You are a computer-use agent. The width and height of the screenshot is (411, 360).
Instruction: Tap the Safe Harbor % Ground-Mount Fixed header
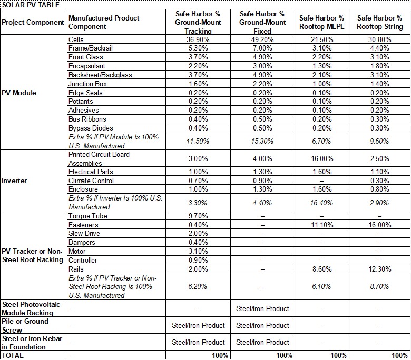pyautogui.click(x=262, y=22)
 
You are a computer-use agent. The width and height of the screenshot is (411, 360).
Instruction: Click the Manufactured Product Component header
pyautogui.click(x=104, y=22)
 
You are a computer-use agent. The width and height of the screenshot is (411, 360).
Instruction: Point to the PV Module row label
pyautogui.click(x=19, y=93)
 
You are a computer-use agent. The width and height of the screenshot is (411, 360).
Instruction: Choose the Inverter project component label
pyautogui.click(x=15, y=181)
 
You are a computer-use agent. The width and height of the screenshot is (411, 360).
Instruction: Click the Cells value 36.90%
pyautogui.click(x=198, y=39)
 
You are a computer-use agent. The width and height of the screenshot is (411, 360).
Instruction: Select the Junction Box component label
pyautogui.click(x=87, y=84)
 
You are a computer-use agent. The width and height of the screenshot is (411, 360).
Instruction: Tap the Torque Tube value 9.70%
pyautogui.click(x=198, y=216)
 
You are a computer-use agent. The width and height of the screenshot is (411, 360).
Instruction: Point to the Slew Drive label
pyautogui.click(x=84, y=233)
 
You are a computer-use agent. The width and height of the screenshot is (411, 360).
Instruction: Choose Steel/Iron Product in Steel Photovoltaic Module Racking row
pyautogui.click(x=262, y=308)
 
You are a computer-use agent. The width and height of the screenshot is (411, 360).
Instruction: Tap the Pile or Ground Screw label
pyautogui.click(x=25, y=325)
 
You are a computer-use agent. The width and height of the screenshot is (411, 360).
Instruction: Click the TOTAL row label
pyautogui.click(x=13, y=355)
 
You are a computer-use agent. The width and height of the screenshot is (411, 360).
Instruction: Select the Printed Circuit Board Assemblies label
pyautogui.click(x=99, y=158)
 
